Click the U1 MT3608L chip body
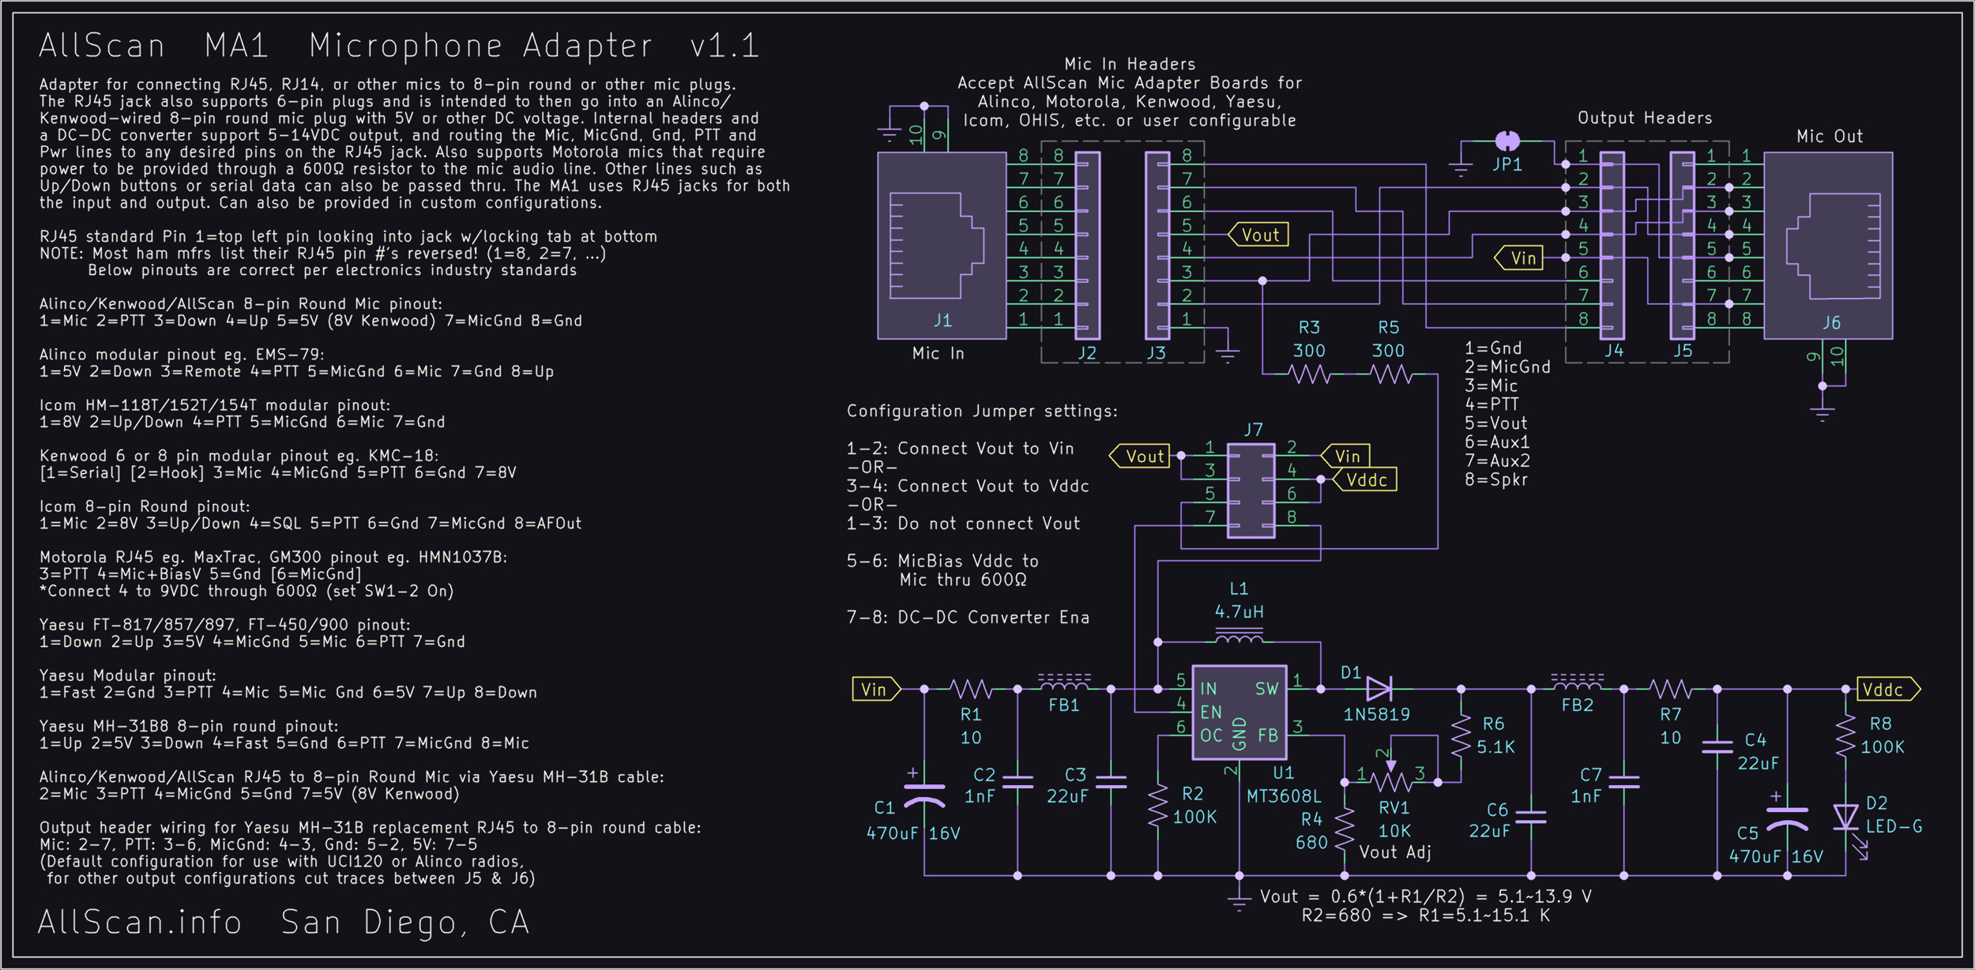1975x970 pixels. coord(1239,712)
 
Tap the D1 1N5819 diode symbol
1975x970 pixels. coord(1379,689)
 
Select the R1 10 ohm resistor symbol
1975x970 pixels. coord(971,690)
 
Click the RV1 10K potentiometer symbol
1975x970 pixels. coord(1392,781)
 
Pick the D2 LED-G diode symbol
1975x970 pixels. coord(1845,817)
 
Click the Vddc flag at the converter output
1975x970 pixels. coord(1887,690)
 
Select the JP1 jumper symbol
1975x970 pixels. coord(1507,141)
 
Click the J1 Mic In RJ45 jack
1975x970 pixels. coord(942,246)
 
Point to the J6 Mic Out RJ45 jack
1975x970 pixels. coord(1828,246)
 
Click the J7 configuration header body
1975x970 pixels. coord(1251,491)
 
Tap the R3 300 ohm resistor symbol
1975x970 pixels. coord(1310,374)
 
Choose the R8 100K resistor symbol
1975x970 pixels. coord(1845,736)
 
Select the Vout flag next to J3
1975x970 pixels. coord(1258,235)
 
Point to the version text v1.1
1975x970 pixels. coord(724,46)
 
